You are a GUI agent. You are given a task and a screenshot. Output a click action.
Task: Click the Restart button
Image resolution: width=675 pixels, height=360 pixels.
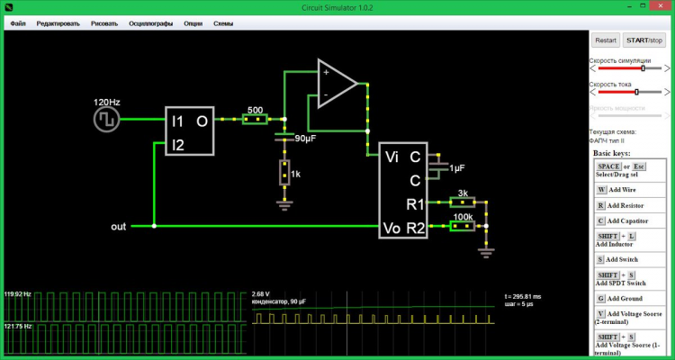pos(606,40)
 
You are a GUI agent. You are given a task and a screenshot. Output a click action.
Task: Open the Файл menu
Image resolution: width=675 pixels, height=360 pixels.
pos(18,22)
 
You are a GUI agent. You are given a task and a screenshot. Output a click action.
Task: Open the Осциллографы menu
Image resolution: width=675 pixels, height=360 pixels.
pos(149,22)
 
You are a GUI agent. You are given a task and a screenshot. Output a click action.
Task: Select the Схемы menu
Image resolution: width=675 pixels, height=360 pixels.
pos(223,22)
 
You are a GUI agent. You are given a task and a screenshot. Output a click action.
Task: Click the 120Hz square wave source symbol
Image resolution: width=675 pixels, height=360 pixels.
pos(107,119)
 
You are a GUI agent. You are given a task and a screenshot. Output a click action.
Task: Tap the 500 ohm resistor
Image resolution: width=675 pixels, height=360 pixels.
pos(256,118)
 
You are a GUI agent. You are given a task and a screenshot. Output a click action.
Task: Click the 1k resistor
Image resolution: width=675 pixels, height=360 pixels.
pos(284,173)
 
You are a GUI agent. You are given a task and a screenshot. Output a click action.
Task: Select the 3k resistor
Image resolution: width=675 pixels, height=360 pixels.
pos(462,203)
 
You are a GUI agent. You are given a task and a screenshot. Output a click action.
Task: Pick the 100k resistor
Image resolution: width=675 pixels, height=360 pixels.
pos(462,226)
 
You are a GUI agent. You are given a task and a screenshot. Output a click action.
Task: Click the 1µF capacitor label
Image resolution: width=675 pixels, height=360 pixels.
pos(457,168)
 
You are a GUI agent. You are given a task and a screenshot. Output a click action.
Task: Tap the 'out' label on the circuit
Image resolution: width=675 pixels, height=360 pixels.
pos(119,226)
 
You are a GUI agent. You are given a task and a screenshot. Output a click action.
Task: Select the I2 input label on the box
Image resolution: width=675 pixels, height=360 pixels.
pos(177,144)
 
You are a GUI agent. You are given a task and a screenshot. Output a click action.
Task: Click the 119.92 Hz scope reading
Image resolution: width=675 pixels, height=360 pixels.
pos(18,294)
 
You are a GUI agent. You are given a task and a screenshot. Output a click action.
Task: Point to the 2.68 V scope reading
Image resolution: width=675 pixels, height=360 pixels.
pos(261,293)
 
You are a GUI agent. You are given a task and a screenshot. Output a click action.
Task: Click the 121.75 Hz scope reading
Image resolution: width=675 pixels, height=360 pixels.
pos(18,326)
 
